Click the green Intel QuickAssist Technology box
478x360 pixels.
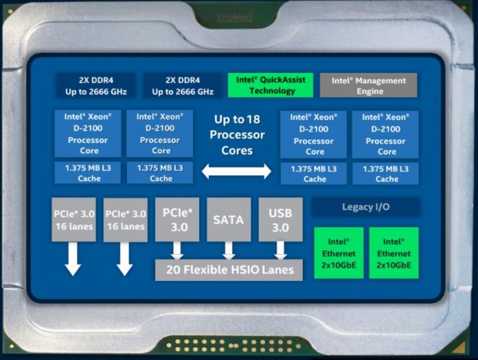(x=271, y=85)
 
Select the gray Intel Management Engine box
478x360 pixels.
(x=368, y=85)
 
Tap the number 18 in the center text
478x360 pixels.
(x=253, y=119)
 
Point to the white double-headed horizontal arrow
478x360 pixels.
(x=236, y=171)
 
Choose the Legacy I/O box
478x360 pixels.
(x=366, y=207)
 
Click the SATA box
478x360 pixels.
(x=229, y=219)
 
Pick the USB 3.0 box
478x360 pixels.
(x=280, y=219)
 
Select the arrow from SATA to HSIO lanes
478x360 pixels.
(x=229, y=251)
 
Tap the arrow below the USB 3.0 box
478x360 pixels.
(x=280, y=251)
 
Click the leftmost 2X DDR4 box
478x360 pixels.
(x=95, y=86)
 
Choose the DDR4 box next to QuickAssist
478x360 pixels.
(x=183, y=86)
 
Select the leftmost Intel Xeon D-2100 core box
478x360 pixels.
(x=88, y=133)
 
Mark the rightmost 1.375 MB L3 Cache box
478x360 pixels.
(x=386, y=173)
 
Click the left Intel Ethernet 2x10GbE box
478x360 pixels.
(x=339, y=253)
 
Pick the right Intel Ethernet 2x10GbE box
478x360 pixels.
(x=394, y=253)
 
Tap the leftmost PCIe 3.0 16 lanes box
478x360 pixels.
(x=73, y=219)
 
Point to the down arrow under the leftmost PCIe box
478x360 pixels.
(x=73, y=259)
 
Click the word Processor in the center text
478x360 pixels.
(x=237, y=135)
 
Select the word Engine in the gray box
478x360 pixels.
(x=370, y=91)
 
